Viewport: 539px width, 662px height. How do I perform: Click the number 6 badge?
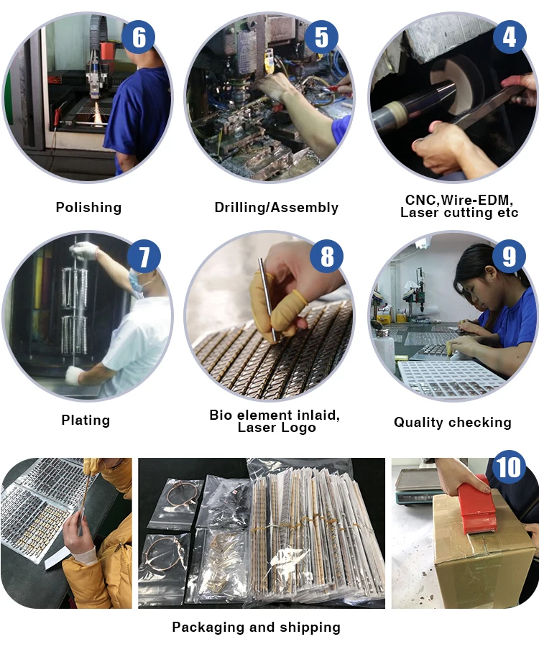point(139,37)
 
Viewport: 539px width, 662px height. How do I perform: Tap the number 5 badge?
point(321,37)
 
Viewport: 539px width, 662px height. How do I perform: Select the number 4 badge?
point(510,37)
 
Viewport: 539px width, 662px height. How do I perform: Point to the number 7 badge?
point(144,257)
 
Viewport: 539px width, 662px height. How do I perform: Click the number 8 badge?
point(327,257)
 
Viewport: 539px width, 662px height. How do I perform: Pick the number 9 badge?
point(509,257)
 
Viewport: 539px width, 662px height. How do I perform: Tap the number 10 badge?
point(509,467)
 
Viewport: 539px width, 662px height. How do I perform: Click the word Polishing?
point(88,207)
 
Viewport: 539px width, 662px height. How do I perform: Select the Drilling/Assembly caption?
point(277,207)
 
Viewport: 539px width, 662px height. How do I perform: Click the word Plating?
point(86,420)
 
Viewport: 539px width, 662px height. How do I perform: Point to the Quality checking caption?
point(453,422)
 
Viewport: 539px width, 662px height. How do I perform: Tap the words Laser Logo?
point(277,427)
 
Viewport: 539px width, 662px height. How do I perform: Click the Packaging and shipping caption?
point(256,627)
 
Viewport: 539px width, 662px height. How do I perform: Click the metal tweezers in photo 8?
point(267,299)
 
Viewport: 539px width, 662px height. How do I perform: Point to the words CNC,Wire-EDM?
point(459,200)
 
